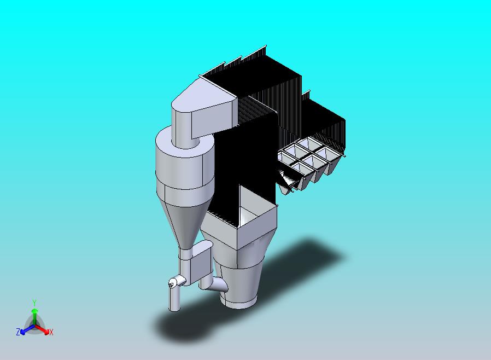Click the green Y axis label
34,303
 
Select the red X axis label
51,332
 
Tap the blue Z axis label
18,332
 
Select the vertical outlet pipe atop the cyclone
182,126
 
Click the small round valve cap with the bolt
173,282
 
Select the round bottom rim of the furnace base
239,301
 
